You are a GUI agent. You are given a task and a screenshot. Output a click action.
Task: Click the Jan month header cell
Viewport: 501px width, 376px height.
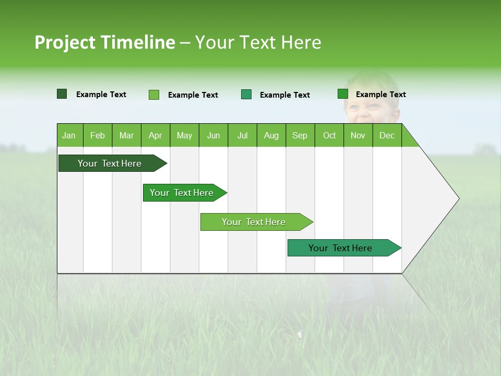[69, 135]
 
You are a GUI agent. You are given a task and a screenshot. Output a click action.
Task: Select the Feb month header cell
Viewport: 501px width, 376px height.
[98, 135]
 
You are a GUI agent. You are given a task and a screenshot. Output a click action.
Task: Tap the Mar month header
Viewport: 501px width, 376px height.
[126, 135]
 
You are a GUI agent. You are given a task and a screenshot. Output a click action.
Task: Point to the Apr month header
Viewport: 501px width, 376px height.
[156, 135]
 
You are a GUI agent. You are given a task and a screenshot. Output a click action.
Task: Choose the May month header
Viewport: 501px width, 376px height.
[184, 135]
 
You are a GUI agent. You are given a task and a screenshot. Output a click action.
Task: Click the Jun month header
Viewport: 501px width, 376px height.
[213, 135]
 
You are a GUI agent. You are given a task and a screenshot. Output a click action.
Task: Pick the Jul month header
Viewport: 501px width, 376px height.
[242, 135]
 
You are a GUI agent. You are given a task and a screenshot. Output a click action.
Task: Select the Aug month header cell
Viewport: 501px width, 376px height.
[271, 135]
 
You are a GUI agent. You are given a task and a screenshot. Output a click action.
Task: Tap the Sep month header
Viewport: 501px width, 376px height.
[300, 135]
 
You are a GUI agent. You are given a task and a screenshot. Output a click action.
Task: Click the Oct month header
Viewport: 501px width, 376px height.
[329, 135]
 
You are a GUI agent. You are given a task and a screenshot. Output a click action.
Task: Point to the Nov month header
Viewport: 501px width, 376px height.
[358, 135]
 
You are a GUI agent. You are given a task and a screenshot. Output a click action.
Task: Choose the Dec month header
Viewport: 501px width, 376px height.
[387, 135]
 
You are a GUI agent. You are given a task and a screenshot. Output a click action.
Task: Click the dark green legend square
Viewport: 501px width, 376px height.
[62, 94]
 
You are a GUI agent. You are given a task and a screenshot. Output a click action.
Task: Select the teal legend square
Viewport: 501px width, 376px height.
[246, 94]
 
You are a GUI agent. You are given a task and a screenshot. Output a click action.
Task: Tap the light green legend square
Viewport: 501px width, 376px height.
[154, 95]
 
